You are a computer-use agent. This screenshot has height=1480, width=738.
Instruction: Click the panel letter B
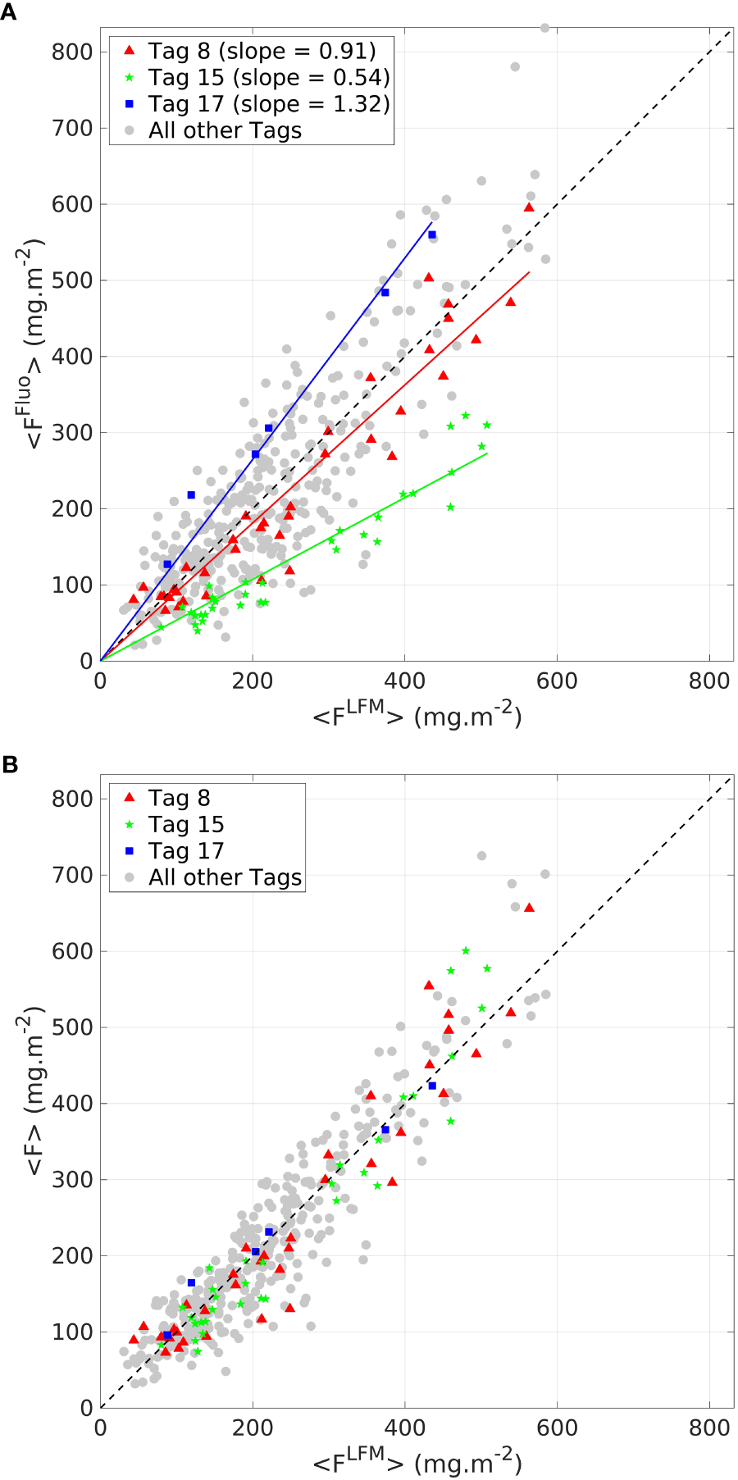click(x=9, y=764)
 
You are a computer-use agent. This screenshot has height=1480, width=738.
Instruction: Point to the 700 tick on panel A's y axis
click(x=72, y=128)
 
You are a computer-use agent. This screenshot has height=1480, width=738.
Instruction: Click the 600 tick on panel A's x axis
click(x=557, y=681)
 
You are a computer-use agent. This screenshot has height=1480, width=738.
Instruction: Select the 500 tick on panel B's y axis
click(x=72, y=1027)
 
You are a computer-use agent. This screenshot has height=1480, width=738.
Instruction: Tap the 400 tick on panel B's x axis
click(x=404, y=1428)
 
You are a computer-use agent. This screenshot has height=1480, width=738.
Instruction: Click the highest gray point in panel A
click(x=544, y=28)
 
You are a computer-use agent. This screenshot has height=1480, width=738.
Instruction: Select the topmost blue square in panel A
click(x=432, y=235)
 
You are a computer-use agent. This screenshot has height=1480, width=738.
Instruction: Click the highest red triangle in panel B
click(x=529, y=908)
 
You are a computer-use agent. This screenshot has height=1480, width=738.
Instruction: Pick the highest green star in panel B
click(x=466, y=951)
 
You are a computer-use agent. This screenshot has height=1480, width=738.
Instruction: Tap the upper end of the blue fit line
click(x=431, y=222)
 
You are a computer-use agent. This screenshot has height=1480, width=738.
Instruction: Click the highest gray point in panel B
click(x=482, y=856)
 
